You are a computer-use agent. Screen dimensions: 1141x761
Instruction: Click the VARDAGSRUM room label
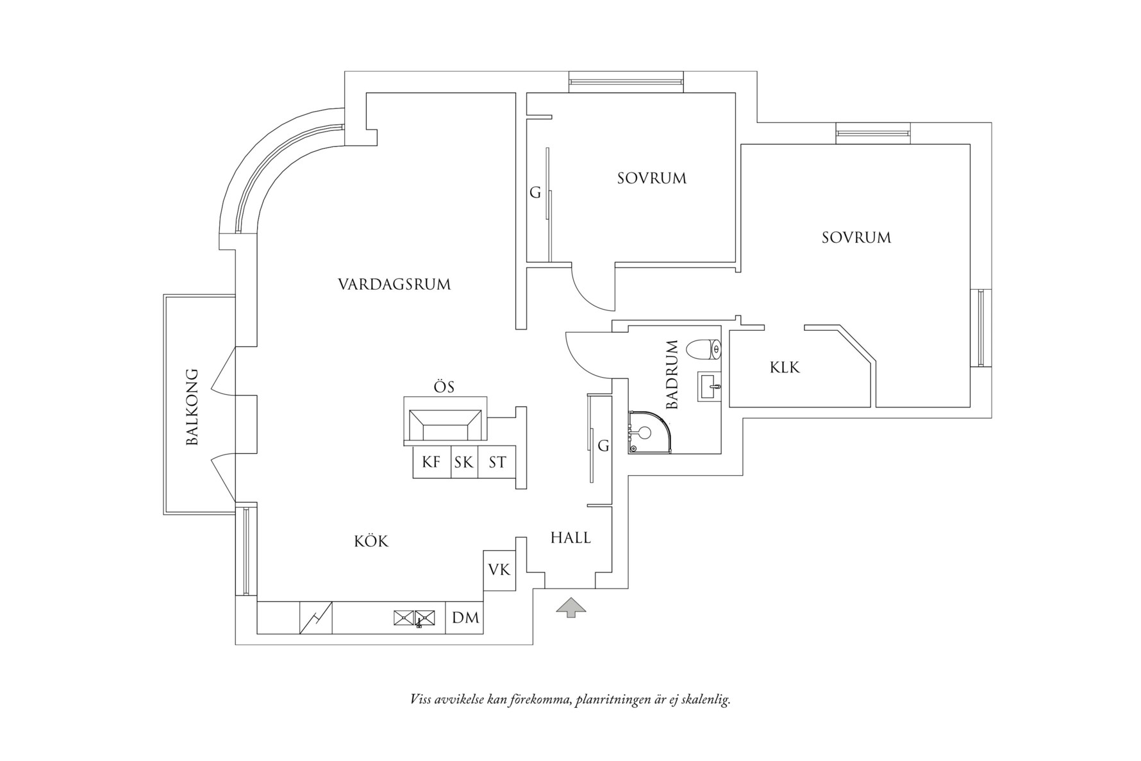point(394,284)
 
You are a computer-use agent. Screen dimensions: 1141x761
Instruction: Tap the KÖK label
point(371,542)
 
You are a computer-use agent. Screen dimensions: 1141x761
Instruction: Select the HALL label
point(570,538)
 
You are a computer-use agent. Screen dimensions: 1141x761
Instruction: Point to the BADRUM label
point(672,375)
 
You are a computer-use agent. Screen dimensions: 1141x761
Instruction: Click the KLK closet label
point(785,368)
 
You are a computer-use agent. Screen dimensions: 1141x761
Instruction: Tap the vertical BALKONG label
point(192,406)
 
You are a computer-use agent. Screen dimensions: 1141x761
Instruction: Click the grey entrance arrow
point(570,607)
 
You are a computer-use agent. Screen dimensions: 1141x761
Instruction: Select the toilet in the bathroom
point(703,349)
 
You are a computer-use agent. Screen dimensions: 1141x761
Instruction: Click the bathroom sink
point(710,387)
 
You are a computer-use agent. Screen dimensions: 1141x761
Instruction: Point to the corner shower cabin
point(649,433)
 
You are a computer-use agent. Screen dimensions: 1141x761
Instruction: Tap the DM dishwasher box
point(465,618)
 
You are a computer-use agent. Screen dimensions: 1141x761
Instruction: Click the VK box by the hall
point(499,569)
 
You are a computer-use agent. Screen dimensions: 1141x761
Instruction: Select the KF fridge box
point(431,462)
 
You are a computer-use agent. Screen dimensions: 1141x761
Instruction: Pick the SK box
point(463,462)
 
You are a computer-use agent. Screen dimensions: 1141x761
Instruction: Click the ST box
point(497,462)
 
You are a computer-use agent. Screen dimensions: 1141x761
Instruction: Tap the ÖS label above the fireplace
point(444,387)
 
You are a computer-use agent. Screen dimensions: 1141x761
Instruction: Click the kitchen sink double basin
point(414,618)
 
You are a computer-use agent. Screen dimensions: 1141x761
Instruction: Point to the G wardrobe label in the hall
point(603,446)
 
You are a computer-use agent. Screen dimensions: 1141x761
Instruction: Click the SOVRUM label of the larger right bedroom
point(856,238)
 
